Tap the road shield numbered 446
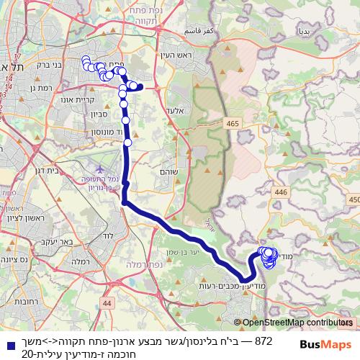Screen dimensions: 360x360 click(281, 192)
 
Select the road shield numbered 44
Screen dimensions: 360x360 click(107, 305)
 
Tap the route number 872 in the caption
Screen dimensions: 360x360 click(244, 340)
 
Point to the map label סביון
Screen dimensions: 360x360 click(99, 112)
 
